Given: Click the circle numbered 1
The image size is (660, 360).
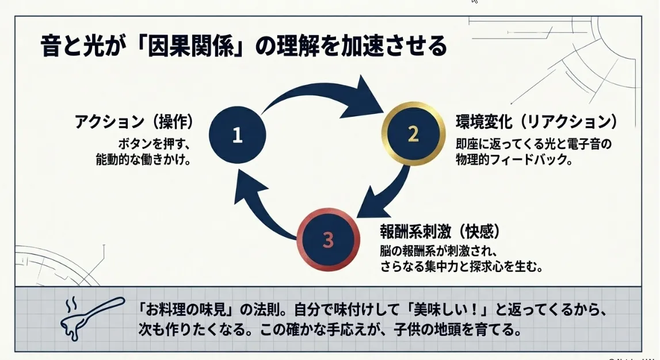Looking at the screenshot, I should click(x=237, y=135).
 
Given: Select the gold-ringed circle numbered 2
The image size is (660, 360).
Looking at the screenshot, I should click(x=413, y=134).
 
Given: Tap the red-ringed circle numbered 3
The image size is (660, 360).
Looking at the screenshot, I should click(x=327, y=240).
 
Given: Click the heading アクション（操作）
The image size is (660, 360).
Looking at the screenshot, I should click(x=133, y=122).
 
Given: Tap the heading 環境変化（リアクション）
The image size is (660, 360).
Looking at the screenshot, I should click(x=537, y=122).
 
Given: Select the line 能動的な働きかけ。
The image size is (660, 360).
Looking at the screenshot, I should click(x=144, y=160).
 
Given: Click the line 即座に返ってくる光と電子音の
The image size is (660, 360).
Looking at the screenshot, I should click(x=533, y=143).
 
